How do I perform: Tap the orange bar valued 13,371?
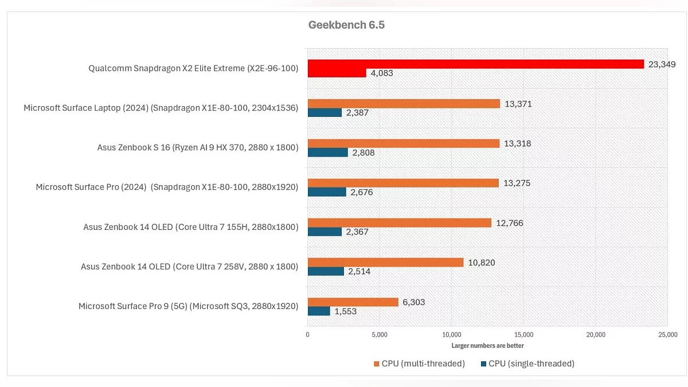click(404, 104)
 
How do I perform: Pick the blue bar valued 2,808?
click(328, 153)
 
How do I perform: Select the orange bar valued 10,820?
click(385, 263)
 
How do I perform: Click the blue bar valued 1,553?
click(319, 311)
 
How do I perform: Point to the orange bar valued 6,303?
click(353, 302)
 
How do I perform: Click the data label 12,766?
click(510, 223)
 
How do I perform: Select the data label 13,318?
click(518, 143)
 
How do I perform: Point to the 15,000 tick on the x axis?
click(524, 335)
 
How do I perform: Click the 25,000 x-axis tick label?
click(667, 335)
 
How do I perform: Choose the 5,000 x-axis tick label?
click(380, 335)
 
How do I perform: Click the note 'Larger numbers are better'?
click(487, 346)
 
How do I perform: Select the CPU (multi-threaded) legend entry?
click(419, 363)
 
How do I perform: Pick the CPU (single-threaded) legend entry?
click(527, 363)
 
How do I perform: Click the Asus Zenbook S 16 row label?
click(198, 148)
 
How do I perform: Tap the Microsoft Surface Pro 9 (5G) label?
click(188, 306)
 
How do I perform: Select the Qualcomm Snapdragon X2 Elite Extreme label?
click(193, 69)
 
